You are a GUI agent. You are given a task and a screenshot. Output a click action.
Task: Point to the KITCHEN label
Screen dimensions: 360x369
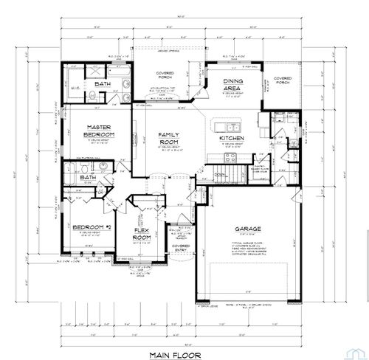pyautogui.click(x=231, y=138)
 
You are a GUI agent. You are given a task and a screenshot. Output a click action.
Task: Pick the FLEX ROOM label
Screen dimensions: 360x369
pyautogui.click(x=141, y=234)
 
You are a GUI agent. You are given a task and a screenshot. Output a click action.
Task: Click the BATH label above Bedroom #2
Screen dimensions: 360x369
pyautogui.click(x=89, y=177)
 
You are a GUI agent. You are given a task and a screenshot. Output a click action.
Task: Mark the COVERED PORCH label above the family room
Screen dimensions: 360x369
pyautogui.click(x=164, y=75)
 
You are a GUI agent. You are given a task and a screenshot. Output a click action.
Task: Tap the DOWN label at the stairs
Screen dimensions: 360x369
pyautogui.click(x=219, y=174)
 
